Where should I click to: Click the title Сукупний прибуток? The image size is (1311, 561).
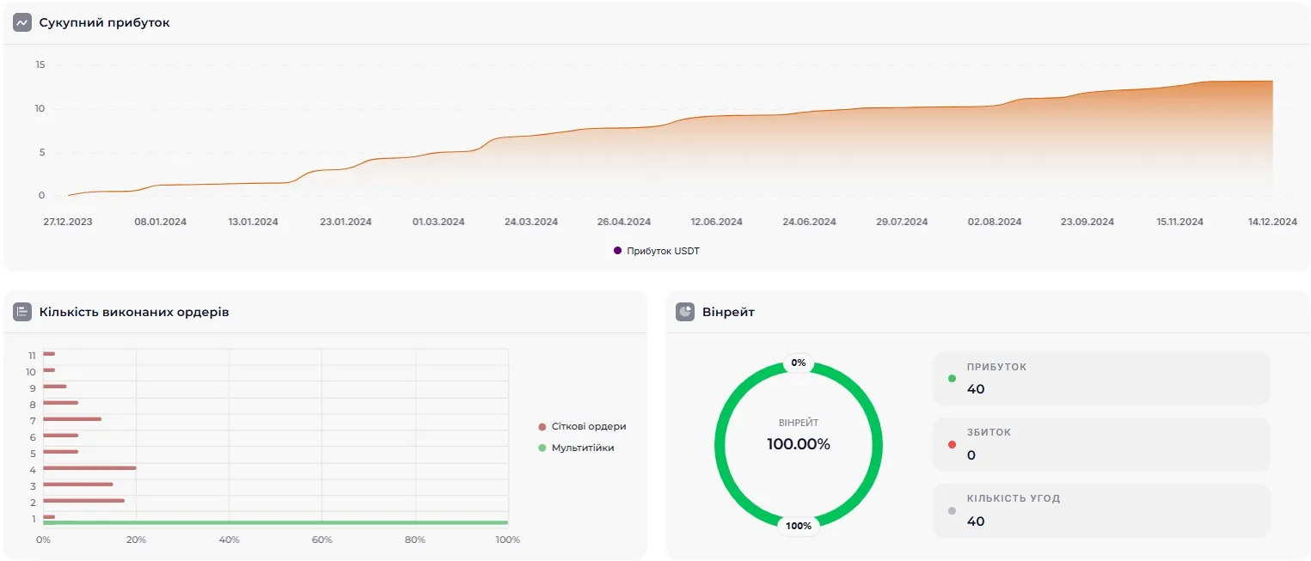tap(104, 23)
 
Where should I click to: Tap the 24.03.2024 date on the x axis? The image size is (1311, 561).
tap(530, 222)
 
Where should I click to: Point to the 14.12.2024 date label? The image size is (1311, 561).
tap(1272, 222)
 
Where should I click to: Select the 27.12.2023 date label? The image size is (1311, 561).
tap(68, 222)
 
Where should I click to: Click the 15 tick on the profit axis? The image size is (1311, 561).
tap(40, 65)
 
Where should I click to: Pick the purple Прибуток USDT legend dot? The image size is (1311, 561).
tap(617, 251)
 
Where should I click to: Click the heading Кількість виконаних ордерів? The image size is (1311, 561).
tap(134, 312)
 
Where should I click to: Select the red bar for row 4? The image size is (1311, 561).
tap(89, 468)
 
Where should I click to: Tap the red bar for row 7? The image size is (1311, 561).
tap(72, 419)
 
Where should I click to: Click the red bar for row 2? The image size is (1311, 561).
tap(83, 501)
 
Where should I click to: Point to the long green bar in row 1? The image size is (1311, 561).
tap(275, 522)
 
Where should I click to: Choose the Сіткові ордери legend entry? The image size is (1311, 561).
tap(588, 426)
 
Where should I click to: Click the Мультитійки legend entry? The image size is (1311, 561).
tap(582, 448)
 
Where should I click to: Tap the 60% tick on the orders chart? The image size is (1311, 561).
tap(322, 540)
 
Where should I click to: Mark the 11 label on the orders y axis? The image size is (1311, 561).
tap(32, 355)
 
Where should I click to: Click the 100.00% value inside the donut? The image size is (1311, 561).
tap(799, 444)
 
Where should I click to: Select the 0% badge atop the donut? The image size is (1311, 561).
tap(799, 363)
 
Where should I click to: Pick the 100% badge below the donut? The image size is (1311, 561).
tap(799, 526)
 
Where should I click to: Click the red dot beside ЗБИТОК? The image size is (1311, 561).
tap(952, 444)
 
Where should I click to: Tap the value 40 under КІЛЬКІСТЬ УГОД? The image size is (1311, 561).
tap(976, 521)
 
